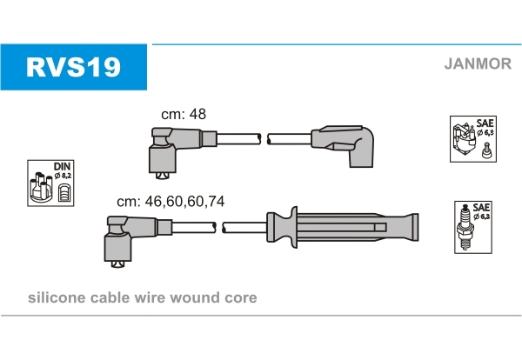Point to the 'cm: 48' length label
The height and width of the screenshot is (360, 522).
click(x=184, y=114)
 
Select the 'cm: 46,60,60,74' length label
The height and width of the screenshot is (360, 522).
click(x=171, y=201)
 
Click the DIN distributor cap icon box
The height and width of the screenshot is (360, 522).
click(x=49, y=183)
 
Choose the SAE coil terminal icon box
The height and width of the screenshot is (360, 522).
click(x=472, y=138)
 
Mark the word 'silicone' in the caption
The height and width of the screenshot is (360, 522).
click(x=55, y=297)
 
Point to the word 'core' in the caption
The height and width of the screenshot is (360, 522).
click(x=240, y=297)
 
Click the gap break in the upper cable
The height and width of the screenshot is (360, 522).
click(x=264, y=139)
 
